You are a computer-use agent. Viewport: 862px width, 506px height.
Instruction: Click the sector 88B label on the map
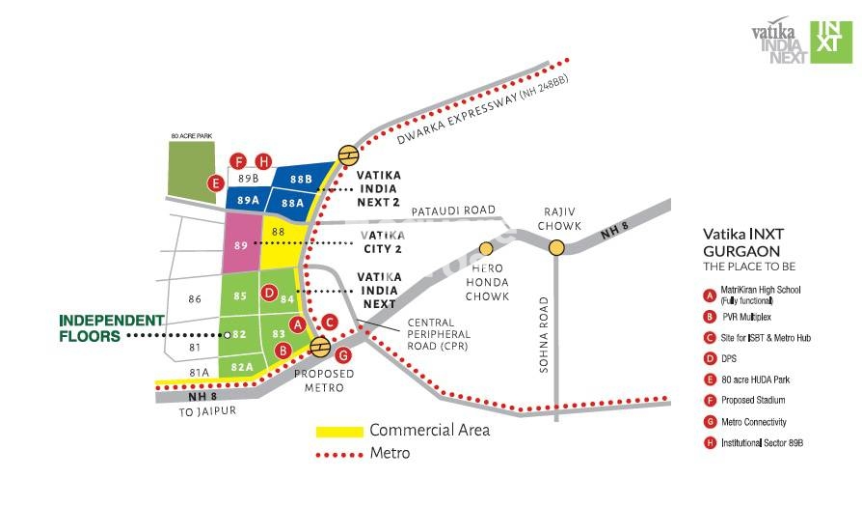pos(301,180)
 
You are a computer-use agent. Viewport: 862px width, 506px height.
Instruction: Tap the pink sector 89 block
pos(241,244)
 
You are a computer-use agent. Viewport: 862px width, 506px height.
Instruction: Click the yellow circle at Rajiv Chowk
pos(557,248)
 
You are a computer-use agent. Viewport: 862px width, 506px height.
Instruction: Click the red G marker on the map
pos(344,355)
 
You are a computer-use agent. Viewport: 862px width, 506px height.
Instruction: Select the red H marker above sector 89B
pos(263,161)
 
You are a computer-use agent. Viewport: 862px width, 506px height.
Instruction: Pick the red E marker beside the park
pos(217,182)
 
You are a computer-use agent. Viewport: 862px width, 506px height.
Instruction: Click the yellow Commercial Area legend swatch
pos(339,431)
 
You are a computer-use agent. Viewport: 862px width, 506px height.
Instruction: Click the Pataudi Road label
pos(453,211)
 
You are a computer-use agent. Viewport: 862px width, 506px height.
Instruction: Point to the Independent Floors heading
pos(112,328)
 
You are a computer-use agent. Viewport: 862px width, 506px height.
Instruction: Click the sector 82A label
pos(242,367)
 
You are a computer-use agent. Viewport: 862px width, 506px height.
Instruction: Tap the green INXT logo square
pos(831,42)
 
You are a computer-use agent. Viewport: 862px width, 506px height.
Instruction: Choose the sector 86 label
pos(196,300)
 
